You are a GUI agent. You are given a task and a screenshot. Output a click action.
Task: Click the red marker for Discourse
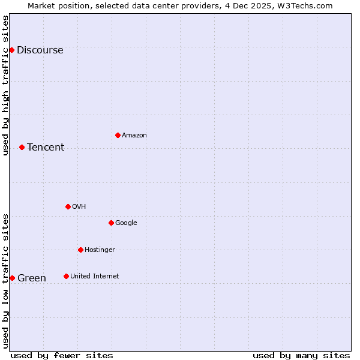point(11,50)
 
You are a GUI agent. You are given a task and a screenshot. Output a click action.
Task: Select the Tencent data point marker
point(22,147)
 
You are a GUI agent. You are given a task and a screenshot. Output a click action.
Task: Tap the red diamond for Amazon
point(118,135)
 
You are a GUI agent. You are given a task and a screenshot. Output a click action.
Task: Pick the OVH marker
point(68,206)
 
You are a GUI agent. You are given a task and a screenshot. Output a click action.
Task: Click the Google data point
point(111,223)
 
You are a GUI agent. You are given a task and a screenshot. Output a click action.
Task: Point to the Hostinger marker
point(80,250)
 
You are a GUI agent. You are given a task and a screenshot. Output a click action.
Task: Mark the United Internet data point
point(66,276)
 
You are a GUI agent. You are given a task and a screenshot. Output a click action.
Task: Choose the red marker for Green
point(12,278)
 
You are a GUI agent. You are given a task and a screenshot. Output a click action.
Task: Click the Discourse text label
point(40,50)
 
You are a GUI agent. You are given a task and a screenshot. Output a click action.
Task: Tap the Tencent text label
point(46,148)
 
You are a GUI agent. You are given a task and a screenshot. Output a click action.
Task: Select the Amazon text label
point(134,136)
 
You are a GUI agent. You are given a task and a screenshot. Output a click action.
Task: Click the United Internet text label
point(94,277)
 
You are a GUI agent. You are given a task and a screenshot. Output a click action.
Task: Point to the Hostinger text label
point(100,250)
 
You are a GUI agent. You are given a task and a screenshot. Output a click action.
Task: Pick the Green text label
point(32,278)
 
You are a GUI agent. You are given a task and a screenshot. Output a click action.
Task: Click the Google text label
point(126,223)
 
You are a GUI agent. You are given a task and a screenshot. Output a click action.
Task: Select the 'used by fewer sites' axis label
point(62,355)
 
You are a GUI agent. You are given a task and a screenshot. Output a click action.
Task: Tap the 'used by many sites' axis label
point(301,355)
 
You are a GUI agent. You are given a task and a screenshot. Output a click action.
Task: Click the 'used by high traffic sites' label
point(5,85)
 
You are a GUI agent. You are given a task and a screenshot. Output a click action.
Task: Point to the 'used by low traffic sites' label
point(5,281)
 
